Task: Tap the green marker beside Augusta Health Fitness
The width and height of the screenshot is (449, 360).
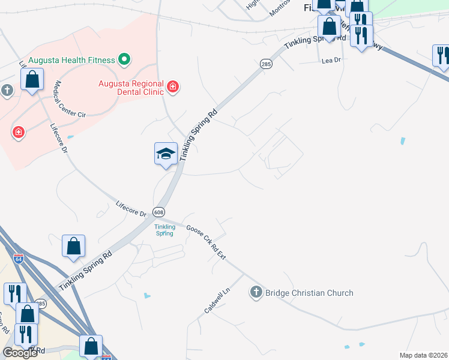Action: click(124, 59)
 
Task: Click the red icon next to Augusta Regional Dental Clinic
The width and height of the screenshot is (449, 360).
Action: click(173, 88)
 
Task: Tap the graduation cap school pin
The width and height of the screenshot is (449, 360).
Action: click(166, 154)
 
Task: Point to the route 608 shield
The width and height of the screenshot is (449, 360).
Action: click(158, 212)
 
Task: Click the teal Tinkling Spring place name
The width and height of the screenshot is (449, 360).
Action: click(164, 230)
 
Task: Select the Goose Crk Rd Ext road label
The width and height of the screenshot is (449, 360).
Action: click(206, 242)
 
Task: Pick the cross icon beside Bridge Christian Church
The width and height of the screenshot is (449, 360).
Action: click(256, 293)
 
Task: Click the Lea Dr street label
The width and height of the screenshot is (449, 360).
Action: click(331, 61)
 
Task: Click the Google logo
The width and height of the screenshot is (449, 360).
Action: click(20, 353)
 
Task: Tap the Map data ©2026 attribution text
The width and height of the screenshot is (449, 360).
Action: click(424, 355)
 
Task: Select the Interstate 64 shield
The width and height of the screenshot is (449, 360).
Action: click(19, 260)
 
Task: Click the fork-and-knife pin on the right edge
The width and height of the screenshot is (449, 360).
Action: click(441, 56)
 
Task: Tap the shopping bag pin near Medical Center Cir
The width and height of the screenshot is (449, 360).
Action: click(32, 79)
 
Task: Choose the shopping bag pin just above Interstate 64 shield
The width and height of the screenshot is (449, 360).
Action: click(73, 246)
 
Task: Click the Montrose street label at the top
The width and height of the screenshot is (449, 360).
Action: click(280, 8)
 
